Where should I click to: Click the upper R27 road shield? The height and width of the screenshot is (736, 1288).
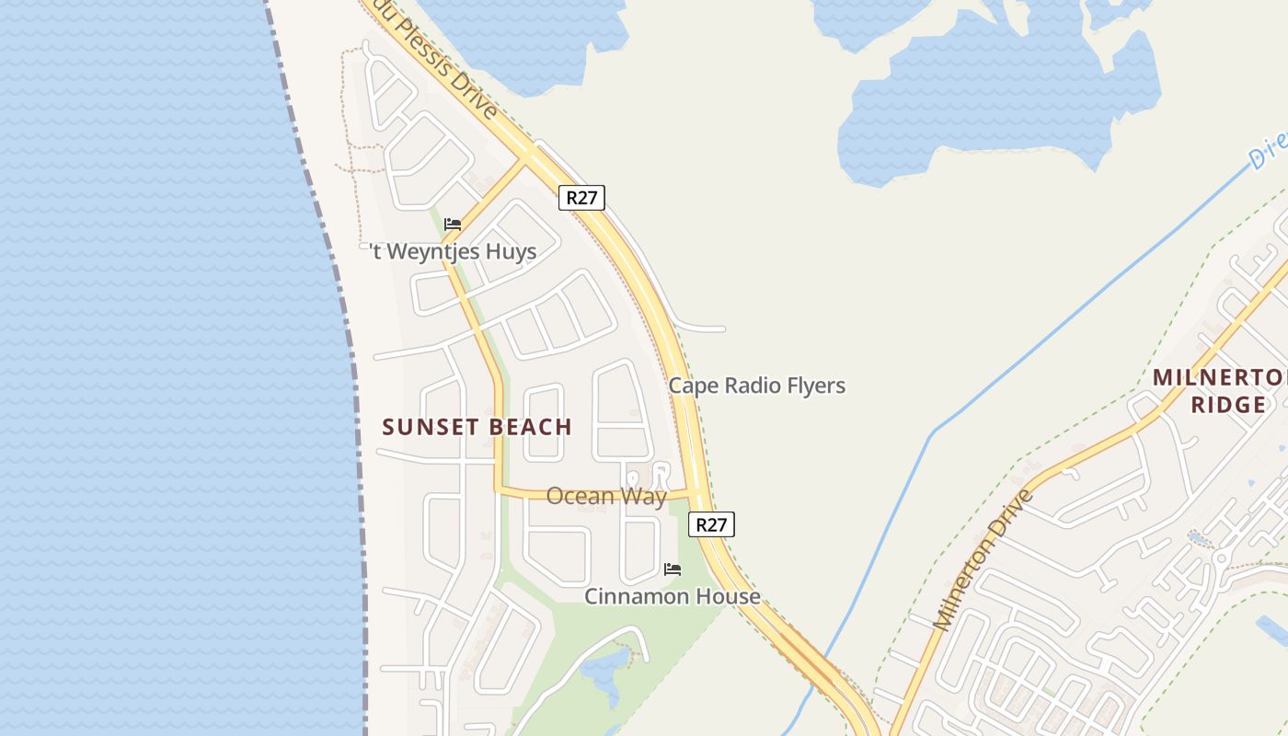(x=581, y=198)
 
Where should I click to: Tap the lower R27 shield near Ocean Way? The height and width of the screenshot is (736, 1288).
(x=711, y=524)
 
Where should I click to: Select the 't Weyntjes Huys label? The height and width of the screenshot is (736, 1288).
(x=453, y=251)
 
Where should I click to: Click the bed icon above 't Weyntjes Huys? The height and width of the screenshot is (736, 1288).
(x=452, y=224)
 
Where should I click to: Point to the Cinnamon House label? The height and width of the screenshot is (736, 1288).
(x=673, y=596)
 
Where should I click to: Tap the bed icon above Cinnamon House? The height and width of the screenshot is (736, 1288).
(x=673, y=569)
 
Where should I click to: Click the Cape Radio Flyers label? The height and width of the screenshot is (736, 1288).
(x=756, y=385)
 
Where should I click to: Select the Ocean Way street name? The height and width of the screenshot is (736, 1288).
(x=606, y=497)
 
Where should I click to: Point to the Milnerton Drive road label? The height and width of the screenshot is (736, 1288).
(x=982, y=562)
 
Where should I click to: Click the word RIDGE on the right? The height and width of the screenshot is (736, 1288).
(x=1227, y=405)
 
